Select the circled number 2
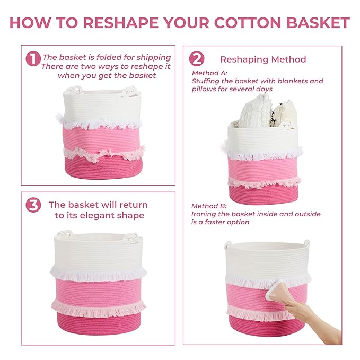pos(197,59)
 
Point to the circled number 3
pos(33,206)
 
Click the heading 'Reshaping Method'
pos(263,59)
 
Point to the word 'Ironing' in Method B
pos(204,214)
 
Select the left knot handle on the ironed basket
pos(228,245)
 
